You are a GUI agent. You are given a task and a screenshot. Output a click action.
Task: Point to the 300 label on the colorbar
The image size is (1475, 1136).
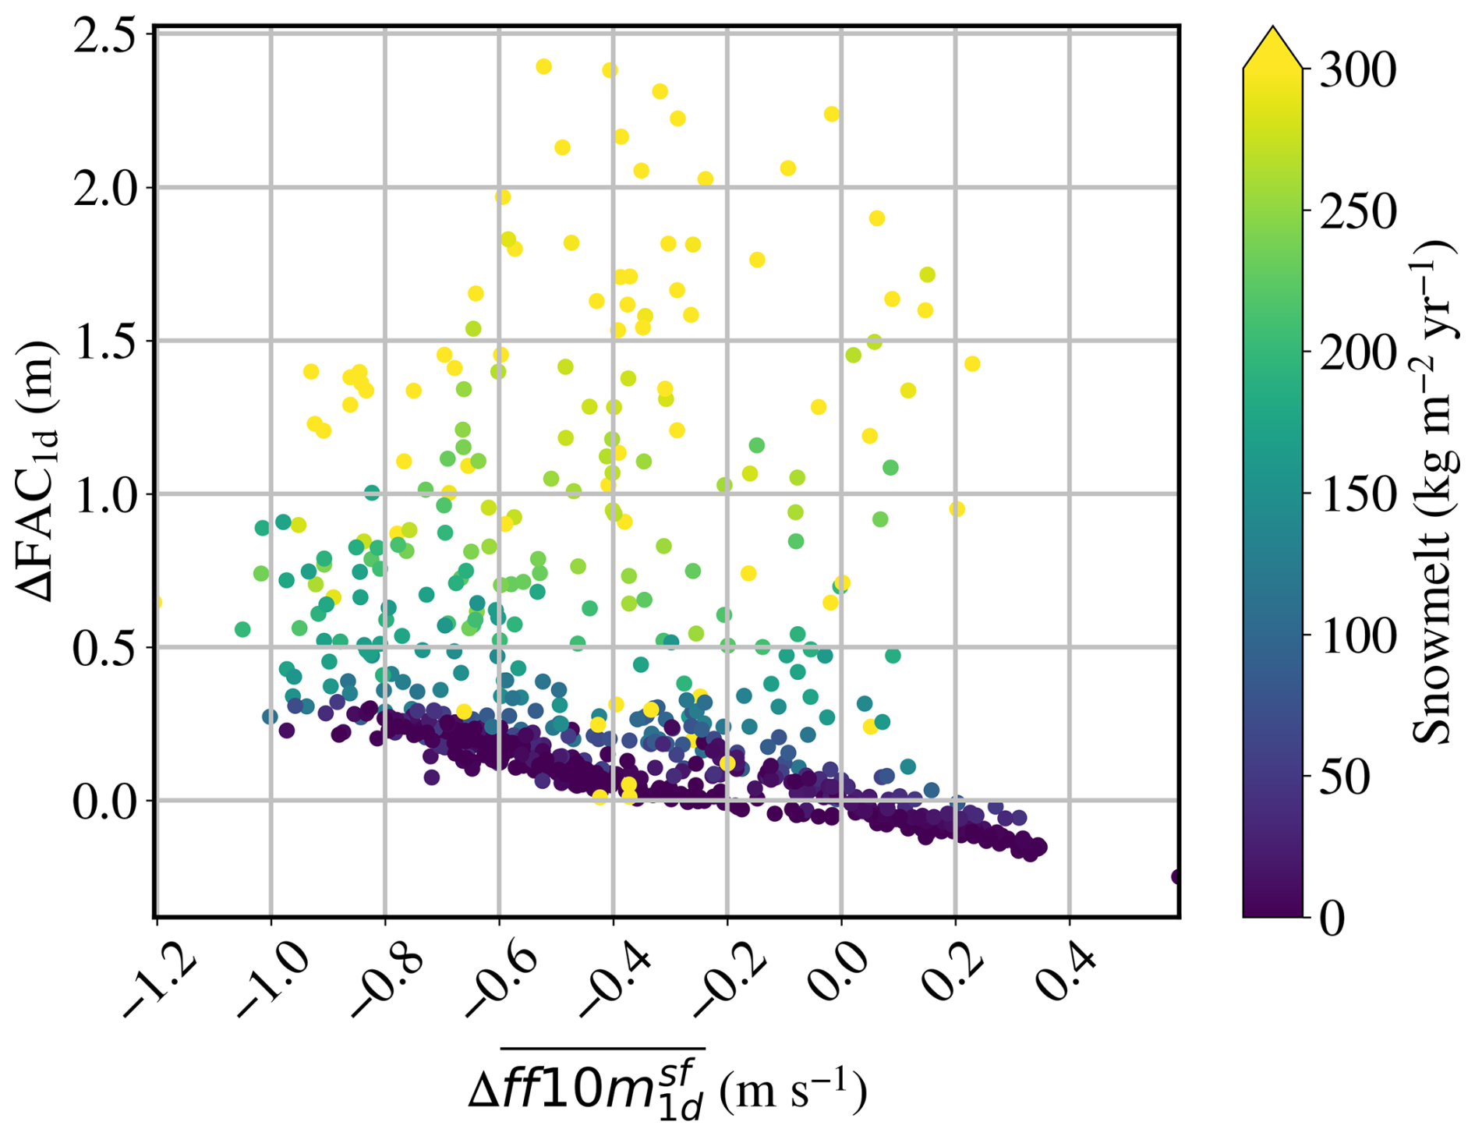tap(1357, 70)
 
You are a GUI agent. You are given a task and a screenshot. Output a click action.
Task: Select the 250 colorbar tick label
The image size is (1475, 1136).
tap(1357, 211)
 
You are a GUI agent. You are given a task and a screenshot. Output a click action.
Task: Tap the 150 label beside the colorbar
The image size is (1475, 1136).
tap(1357, 494)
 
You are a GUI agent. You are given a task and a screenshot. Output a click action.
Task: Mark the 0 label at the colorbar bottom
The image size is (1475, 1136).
tap(1332, 918)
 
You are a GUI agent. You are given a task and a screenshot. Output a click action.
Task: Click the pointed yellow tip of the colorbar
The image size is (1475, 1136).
tap(1272, 27)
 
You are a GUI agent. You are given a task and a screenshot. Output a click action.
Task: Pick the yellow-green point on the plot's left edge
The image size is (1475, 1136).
tap(158, 602)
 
